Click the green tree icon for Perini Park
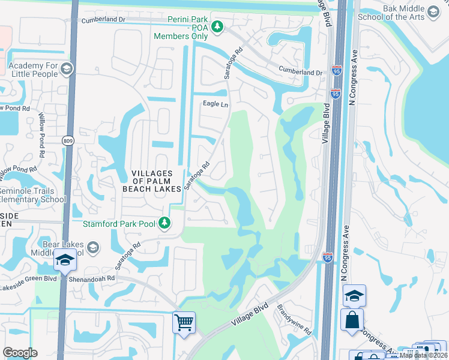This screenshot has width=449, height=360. [218, 26]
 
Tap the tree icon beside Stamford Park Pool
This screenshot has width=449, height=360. [164, 223]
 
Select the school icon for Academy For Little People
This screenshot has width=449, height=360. [66, 70]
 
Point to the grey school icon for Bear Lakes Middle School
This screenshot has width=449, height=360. [92, 247]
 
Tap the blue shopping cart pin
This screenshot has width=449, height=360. [184, 322]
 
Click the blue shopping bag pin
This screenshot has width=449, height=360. [352, 319]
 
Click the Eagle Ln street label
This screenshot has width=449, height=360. [216, 104]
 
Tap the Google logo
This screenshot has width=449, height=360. [20, 353]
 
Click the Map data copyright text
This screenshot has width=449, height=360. [424, 355]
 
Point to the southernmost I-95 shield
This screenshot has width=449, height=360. [327, 256]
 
